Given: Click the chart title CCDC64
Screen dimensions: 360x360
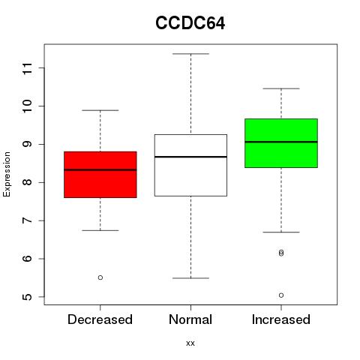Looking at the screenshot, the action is coord(190,23).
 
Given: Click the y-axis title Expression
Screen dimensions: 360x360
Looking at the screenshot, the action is coord(7,174).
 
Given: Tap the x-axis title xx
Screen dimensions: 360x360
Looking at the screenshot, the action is coord(190,343).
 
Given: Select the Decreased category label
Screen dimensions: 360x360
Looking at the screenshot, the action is coord(100,319).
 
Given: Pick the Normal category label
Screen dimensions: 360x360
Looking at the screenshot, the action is coord(190,319).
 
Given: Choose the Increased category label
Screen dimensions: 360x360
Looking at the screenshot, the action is coord(281,319).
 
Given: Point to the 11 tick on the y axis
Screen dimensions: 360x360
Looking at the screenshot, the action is coord(28,68).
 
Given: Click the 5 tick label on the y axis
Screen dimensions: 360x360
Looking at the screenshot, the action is coord(28,297).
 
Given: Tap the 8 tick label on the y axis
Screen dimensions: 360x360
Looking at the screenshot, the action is coord(28,182).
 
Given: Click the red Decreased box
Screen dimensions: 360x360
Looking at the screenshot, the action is coord(100,175).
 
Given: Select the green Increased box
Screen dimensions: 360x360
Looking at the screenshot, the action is coord(281,143).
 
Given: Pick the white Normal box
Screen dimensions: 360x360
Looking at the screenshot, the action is coord(190,165).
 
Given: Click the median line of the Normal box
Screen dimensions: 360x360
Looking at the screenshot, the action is coord(190,157).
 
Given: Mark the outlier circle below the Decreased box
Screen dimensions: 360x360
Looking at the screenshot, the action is coord(100,277).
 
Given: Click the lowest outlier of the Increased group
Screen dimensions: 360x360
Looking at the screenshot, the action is coord(281,295).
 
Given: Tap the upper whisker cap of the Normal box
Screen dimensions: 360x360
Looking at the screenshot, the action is coord(190,54).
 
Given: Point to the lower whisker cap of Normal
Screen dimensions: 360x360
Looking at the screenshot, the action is coord(190,278).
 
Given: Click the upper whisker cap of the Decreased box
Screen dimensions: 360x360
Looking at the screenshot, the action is coord(100,110).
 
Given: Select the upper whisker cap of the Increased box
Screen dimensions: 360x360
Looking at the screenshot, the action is coord(281,88).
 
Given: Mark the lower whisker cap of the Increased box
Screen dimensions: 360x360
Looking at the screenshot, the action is coord(281,232).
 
